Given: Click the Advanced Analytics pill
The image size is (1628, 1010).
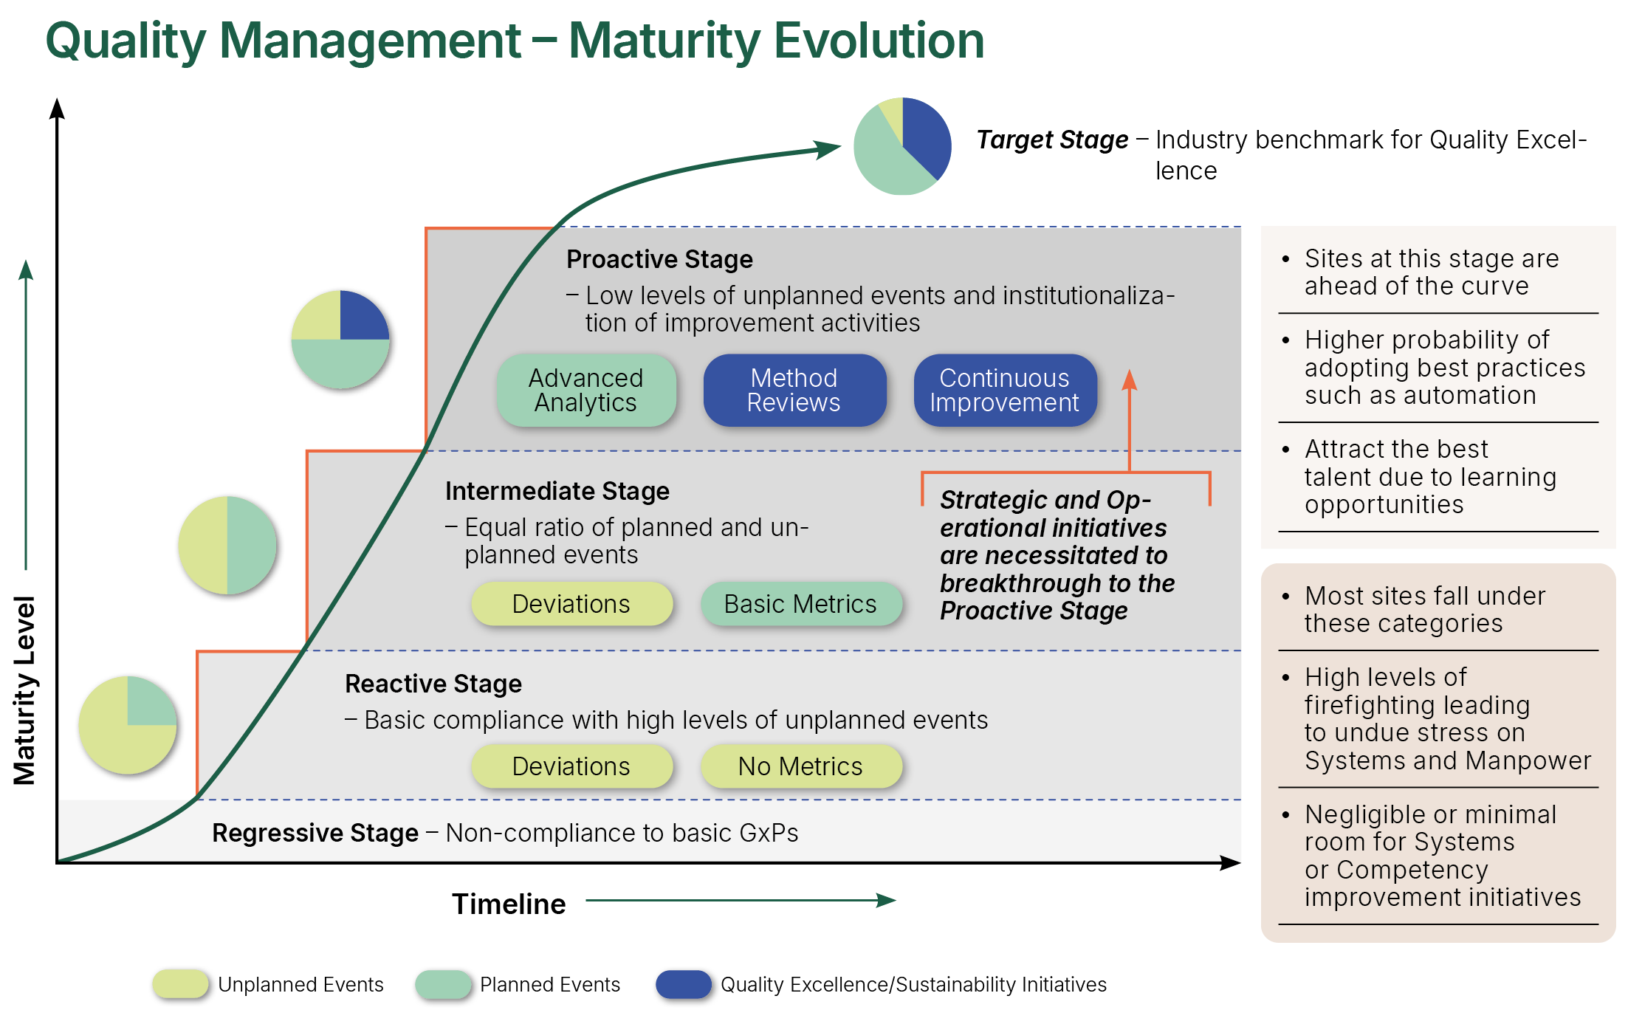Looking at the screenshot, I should click(586, 391).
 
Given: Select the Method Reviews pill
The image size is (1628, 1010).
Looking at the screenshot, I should click(794, 391).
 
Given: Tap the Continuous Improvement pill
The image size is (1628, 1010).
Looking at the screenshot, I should click(1004, 391).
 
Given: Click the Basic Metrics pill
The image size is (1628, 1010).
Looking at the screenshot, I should click(800, 604).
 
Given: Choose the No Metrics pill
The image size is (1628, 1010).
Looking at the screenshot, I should click(800, 766).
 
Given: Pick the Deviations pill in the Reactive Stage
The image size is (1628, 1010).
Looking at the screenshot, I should click(571, 766).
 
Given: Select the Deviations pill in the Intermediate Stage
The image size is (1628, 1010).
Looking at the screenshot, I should click(571, 604).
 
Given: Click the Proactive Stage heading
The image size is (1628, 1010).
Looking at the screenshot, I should click(659, 259).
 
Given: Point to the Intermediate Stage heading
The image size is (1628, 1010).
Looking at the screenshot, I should click(557, 491).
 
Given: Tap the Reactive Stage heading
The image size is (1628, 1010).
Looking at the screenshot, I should click(433, 684).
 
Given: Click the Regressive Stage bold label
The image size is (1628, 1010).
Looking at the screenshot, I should click(315, 833).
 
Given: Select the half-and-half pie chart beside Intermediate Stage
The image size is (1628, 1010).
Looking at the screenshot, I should click(227, 545).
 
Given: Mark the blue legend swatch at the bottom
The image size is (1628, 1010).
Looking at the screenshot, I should click(684, 984).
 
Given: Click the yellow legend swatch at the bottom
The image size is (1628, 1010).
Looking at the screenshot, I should click(180, 984).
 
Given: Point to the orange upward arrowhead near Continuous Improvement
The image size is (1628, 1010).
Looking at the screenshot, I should click(1130, 379).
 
